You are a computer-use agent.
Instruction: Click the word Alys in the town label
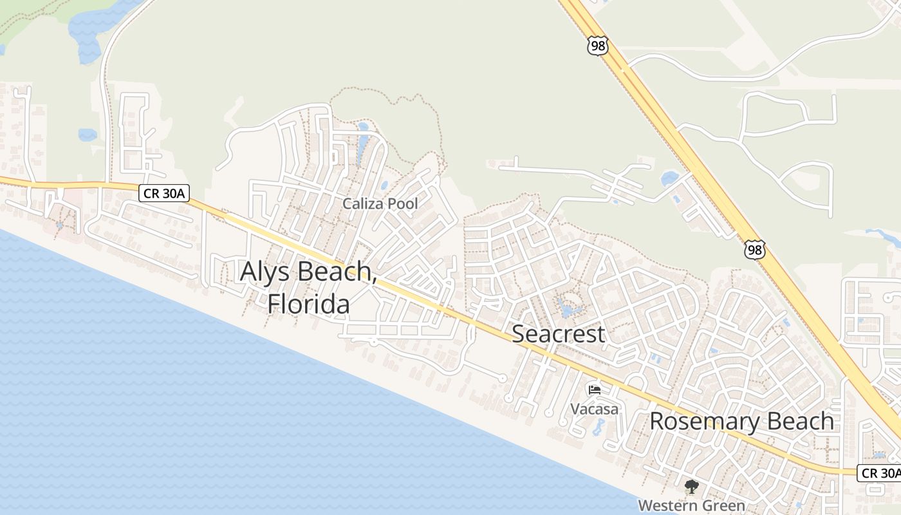click(265, 272)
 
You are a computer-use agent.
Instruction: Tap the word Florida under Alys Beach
click(309, 304)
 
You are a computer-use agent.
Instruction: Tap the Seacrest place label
click(558, 334)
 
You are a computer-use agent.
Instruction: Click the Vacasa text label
click(594, 409)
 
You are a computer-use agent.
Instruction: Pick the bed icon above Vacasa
click(594, 389)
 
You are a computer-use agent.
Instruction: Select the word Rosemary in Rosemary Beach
click(701, 422)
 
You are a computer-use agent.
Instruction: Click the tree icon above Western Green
click(691, 487)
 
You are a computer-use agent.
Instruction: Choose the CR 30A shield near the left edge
click(164, 193)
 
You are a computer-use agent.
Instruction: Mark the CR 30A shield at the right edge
click(879, 473)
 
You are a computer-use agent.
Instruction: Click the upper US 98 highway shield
click(597, 45)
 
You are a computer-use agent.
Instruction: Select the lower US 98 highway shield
click(755, 250)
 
